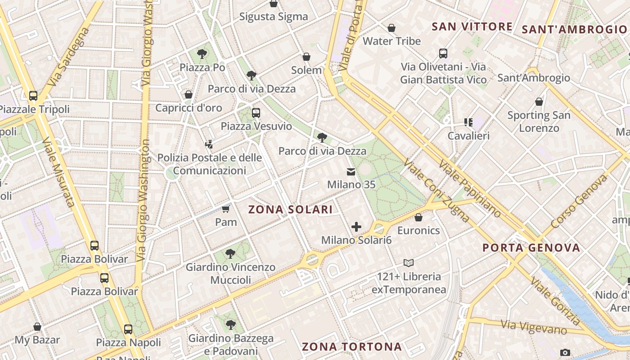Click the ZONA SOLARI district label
[x=290, y=209]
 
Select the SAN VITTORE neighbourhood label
[x=472, y=27]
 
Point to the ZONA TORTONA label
[x=351, y=346]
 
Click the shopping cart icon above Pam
[x=225, y=209]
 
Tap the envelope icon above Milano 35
[x=351, y=171]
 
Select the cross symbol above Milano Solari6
[x=356, y=227]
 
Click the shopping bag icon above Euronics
[x=418, y=217]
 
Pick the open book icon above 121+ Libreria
[x=409, y=263]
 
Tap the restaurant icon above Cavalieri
[x=468, y=122]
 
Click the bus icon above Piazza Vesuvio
[x=256, y=113]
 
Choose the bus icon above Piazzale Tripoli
[x=33, y=96]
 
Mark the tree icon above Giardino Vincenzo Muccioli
[x=230, y=254]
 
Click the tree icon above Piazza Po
[x=202, y=54]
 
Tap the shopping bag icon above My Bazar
[x=37, y=327]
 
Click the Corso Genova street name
[x=579, y=201]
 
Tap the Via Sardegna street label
[x=68, y=57]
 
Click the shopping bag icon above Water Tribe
[x=391, y=28]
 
